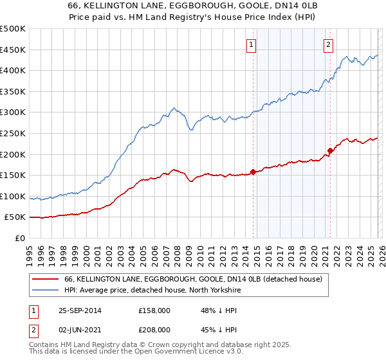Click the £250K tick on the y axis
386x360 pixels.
13,133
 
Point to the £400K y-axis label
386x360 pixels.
13,70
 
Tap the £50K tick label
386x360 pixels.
15,217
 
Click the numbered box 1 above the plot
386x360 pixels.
250,44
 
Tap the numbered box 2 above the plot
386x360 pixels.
328,44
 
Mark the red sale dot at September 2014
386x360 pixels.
253,172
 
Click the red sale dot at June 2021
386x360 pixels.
330,150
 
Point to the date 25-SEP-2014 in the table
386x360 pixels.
79,310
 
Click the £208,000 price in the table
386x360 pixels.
154,329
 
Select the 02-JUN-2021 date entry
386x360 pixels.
79,329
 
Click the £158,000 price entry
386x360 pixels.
154,310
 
